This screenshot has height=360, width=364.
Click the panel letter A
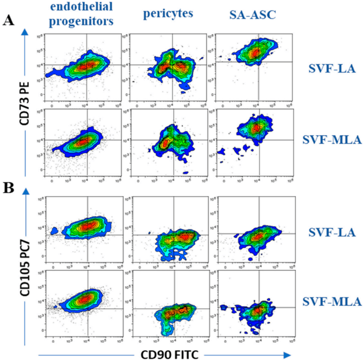8,21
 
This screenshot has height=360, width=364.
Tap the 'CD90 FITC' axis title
169,354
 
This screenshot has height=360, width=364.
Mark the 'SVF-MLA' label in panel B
331,301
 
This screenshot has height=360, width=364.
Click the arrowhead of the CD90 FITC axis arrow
289,354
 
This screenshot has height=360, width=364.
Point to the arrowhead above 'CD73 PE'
24,34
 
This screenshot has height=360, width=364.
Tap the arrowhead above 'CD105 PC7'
24,191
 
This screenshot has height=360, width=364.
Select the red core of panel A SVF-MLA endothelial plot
82,142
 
